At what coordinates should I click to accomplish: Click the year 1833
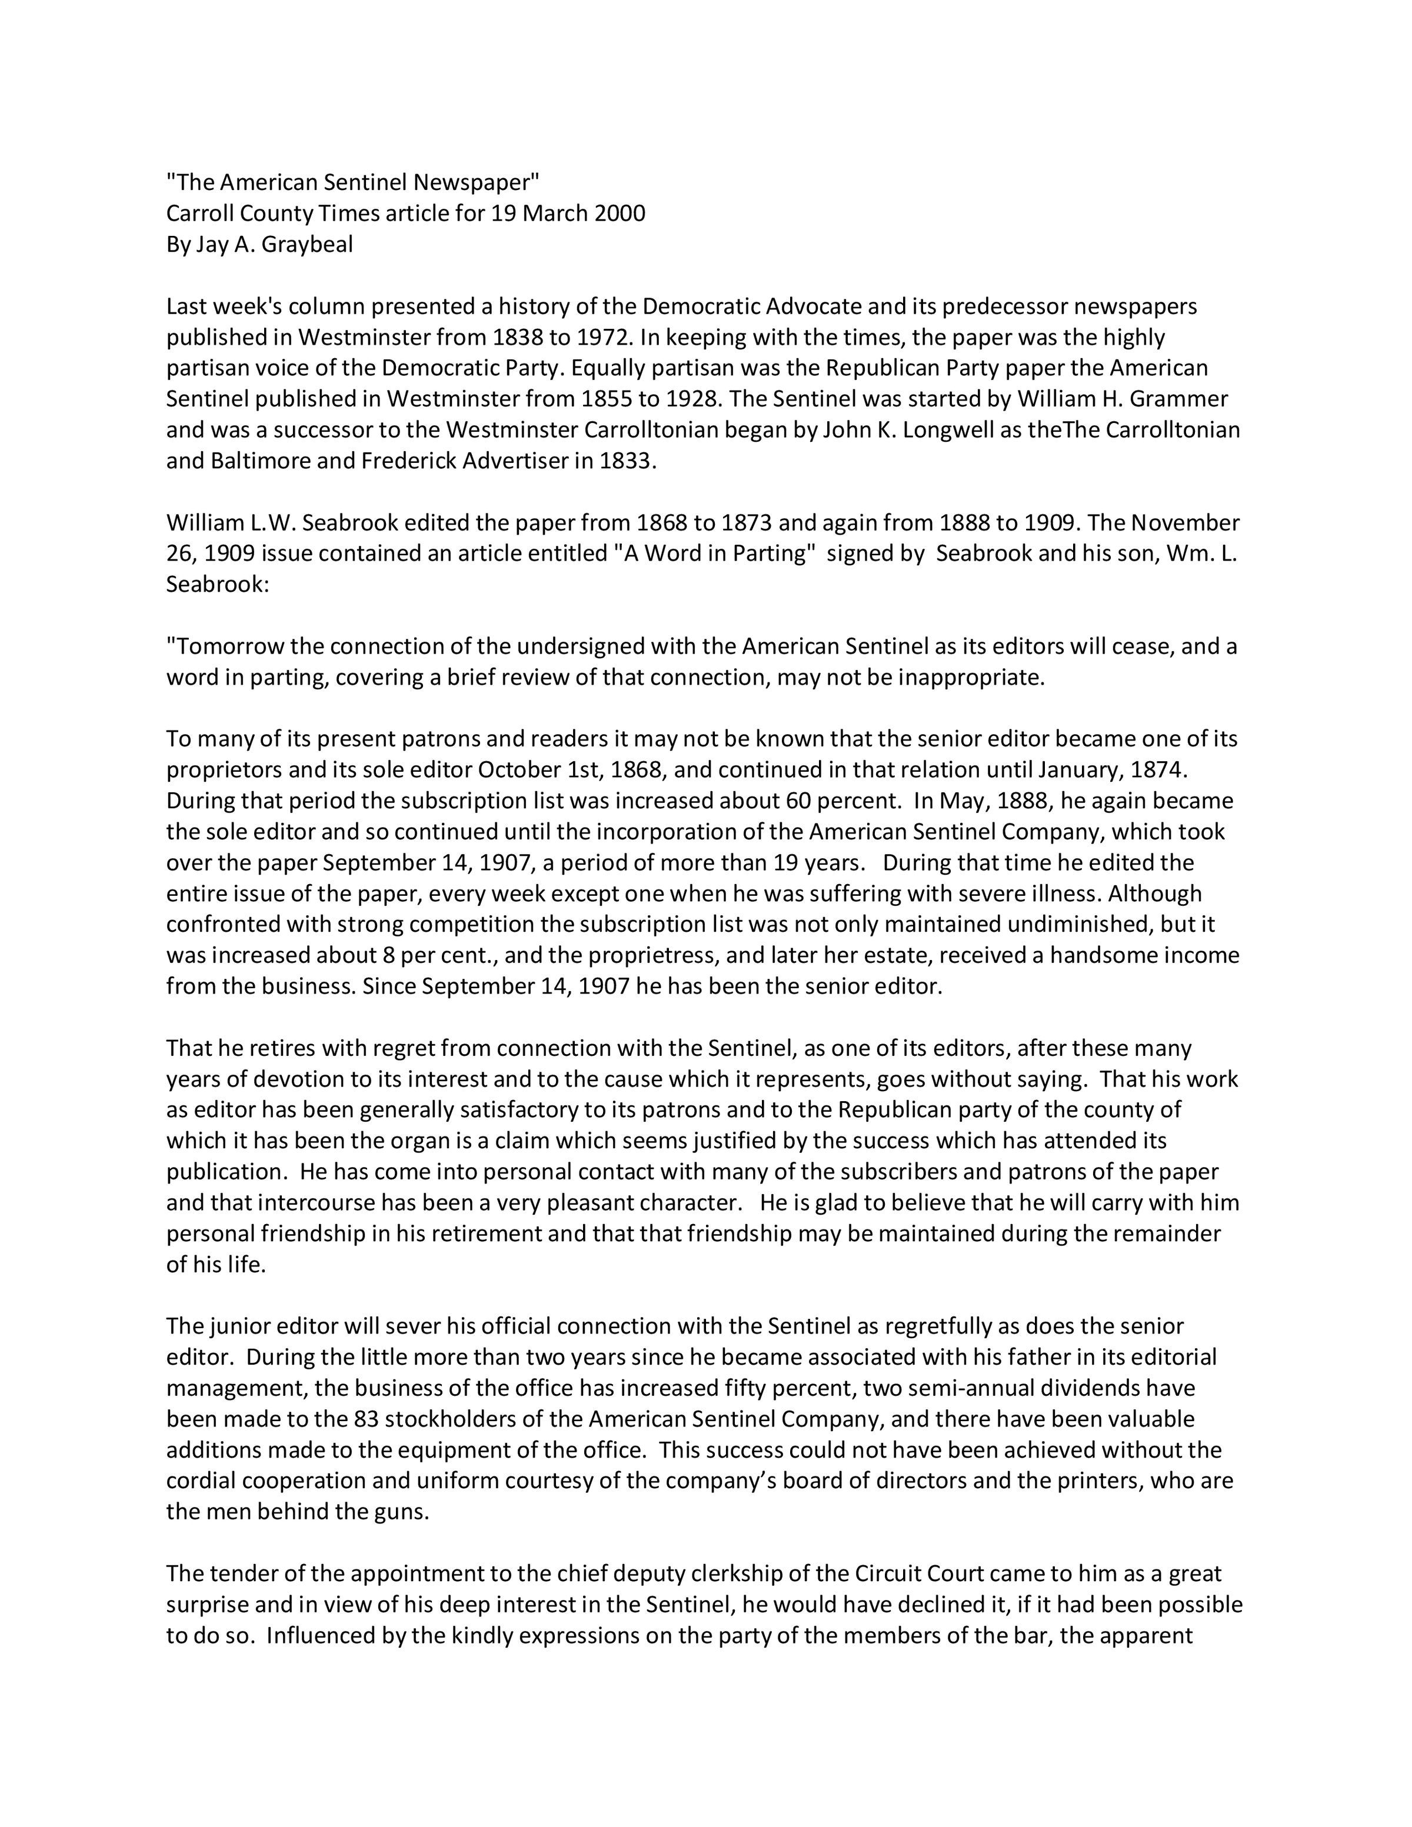(625, 461)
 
